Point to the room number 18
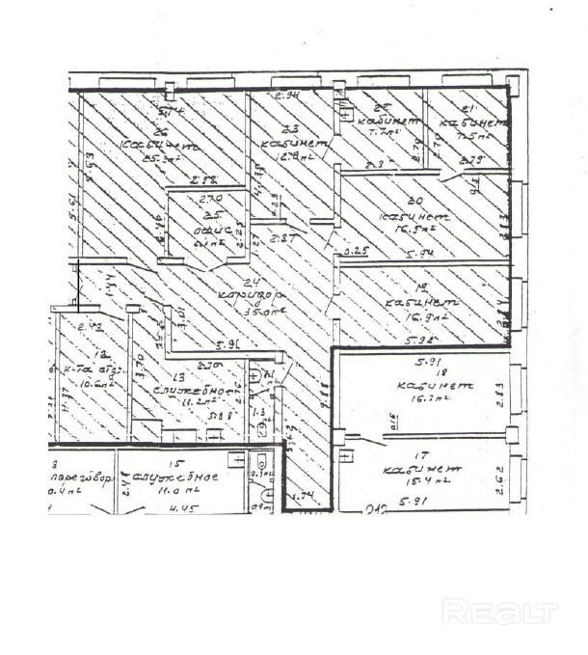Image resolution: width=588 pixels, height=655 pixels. (x=417, y=370)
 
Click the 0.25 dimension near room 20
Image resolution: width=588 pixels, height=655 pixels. (x=358, y=254)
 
